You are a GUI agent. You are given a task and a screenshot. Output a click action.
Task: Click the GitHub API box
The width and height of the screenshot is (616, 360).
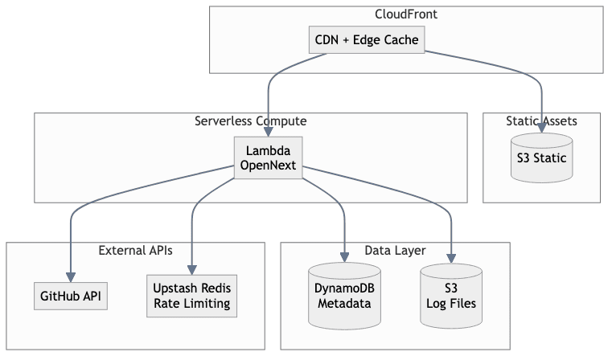(x=72, y=296)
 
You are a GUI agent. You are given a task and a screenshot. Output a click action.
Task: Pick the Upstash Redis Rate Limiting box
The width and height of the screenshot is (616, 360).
(x=193, y=296)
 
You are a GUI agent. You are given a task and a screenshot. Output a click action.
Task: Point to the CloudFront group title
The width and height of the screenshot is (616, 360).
(x=406, y=14)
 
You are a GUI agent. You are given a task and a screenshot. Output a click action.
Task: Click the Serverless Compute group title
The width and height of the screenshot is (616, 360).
(x=250, y=121)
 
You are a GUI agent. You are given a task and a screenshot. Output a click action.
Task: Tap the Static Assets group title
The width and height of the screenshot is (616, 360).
(x=541, y=121)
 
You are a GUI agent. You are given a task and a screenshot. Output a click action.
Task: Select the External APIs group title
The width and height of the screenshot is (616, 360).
(x=135, y=250)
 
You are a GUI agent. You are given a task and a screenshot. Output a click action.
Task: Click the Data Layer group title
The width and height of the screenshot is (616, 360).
(x=395, y=250)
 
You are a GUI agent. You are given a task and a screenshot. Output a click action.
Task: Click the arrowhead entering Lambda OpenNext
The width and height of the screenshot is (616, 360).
(x=269, y=132)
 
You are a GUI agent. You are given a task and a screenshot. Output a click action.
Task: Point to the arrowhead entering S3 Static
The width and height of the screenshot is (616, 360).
(x=542, y=129)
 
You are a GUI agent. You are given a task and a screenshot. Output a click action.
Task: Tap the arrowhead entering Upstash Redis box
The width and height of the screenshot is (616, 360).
(x=193, y=271)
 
